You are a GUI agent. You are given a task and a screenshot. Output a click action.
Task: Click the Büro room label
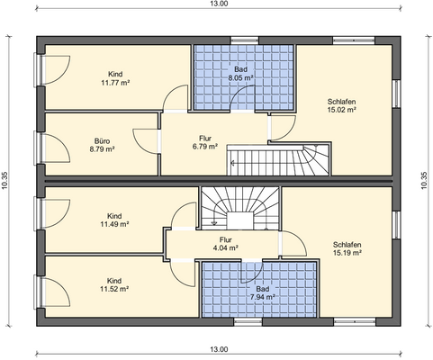click(x=102, y=140)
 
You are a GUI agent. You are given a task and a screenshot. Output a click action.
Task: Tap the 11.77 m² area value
click(x=115, y=83)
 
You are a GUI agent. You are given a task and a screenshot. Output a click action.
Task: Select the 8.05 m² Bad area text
click(x=240, y=77)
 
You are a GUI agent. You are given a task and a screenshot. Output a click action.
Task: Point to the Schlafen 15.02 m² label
click(x=341, y=105)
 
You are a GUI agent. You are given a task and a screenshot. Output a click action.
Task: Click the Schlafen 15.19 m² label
click(x=347, y=248)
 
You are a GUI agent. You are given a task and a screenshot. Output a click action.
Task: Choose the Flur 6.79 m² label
click(x=205, y=142)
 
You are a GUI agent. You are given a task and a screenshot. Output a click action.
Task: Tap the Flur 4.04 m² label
click(x=225, y=244)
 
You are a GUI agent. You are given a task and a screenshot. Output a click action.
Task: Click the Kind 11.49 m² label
click(x=114, y=220)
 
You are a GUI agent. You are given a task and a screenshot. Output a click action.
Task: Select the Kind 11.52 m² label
click(x=114, y=285)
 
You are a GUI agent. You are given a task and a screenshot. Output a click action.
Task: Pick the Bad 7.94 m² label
click(x=263, y=293)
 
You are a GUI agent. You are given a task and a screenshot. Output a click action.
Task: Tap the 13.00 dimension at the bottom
click(x=219, y=349)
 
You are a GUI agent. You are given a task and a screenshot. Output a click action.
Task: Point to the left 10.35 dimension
click(x=5, y=181)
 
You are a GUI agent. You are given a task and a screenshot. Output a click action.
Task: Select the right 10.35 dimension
click(x=424, y=181)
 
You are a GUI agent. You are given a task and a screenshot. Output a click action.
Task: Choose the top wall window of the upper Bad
click(x=244, y=40)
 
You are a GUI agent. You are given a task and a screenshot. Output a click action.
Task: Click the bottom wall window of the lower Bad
click(x=248, y=322)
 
